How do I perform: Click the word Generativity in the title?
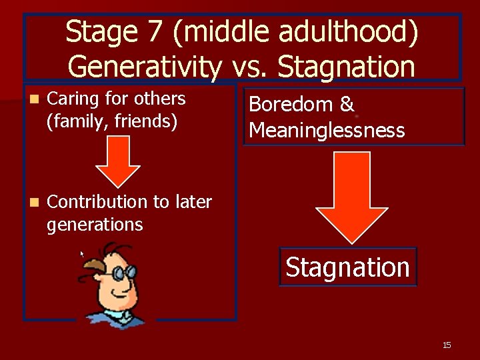pyautogui.click(x=145, y=67)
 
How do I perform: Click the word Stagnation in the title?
pyautogui.click(x=346, y=67)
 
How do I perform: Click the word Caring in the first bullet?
pyautogui.click(x=71, y=99)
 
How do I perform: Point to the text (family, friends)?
pyautogui.click(x=112, y=121)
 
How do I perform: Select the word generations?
pyautogui.click(x=95, y=225)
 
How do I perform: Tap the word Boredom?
pyautogui.click(x=291, y=105)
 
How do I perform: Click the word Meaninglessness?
pyautogui.click(x=327, y=129)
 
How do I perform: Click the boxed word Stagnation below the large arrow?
pyautogui.click(x=347, y=267)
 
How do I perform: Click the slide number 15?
pyautogui.click(x=447, y=345)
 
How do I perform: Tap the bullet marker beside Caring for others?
pyautogui.click(x=35, y=99)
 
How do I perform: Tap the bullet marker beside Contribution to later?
pyautogui.click(x=35, y=202)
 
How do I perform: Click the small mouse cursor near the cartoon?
pyautogui.click(x=83, y=254)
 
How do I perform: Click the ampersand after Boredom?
pyautogui.click(x=346, y=105)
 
